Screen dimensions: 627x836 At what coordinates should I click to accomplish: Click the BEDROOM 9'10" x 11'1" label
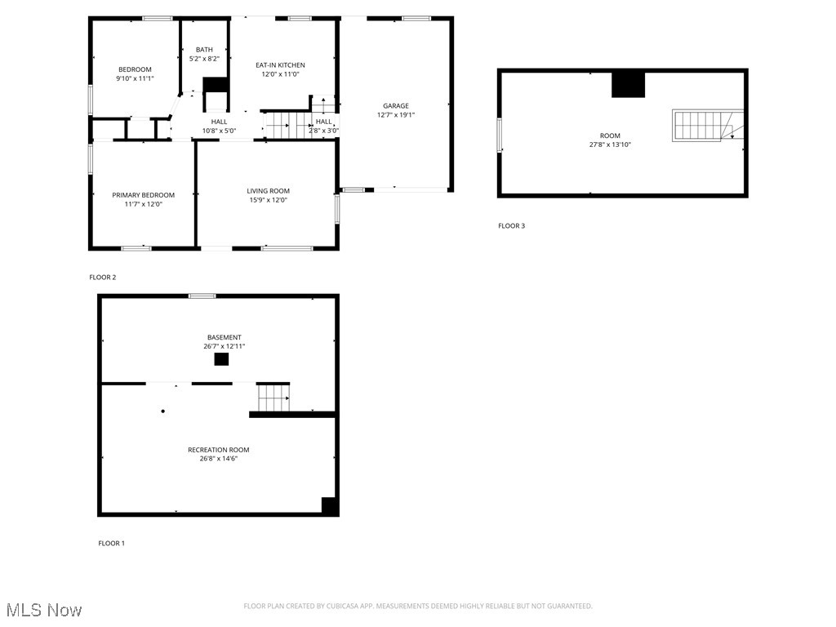(135, 73)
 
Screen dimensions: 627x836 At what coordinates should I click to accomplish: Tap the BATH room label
(203, 54)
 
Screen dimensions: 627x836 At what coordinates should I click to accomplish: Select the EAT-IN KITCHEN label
(280, 69)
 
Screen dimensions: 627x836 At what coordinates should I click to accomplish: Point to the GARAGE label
(396, 110)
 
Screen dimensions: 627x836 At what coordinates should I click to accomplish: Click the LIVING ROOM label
(268, 195)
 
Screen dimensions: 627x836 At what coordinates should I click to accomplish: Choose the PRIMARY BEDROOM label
(143, 199)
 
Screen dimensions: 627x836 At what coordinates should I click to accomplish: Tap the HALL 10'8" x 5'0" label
(219, 126)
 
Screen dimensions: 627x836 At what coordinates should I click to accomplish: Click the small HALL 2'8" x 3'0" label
(324, 126)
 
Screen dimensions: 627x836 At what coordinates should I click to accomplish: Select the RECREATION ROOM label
(218, 454)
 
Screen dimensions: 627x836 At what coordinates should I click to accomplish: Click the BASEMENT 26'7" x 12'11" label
(224, 341)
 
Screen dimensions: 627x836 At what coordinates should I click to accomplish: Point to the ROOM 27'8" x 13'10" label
(610, 140)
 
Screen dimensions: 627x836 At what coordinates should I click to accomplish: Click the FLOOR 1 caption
(112, 543)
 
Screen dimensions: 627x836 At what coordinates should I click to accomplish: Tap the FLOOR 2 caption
(102, 278)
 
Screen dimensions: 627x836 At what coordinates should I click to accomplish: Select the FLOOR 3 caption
(511, 225)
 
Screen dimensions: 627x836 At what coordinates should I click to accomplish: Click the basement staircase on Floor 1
(273, 397)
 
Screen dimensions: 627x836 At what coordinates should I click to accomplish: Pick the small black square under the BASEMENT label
(221, 359)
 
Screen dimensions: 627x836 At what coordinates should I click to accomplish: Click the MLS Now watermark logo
(43, 610)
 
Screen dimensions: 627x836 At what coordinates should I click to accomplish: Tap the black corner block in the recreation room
(329, 505)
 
